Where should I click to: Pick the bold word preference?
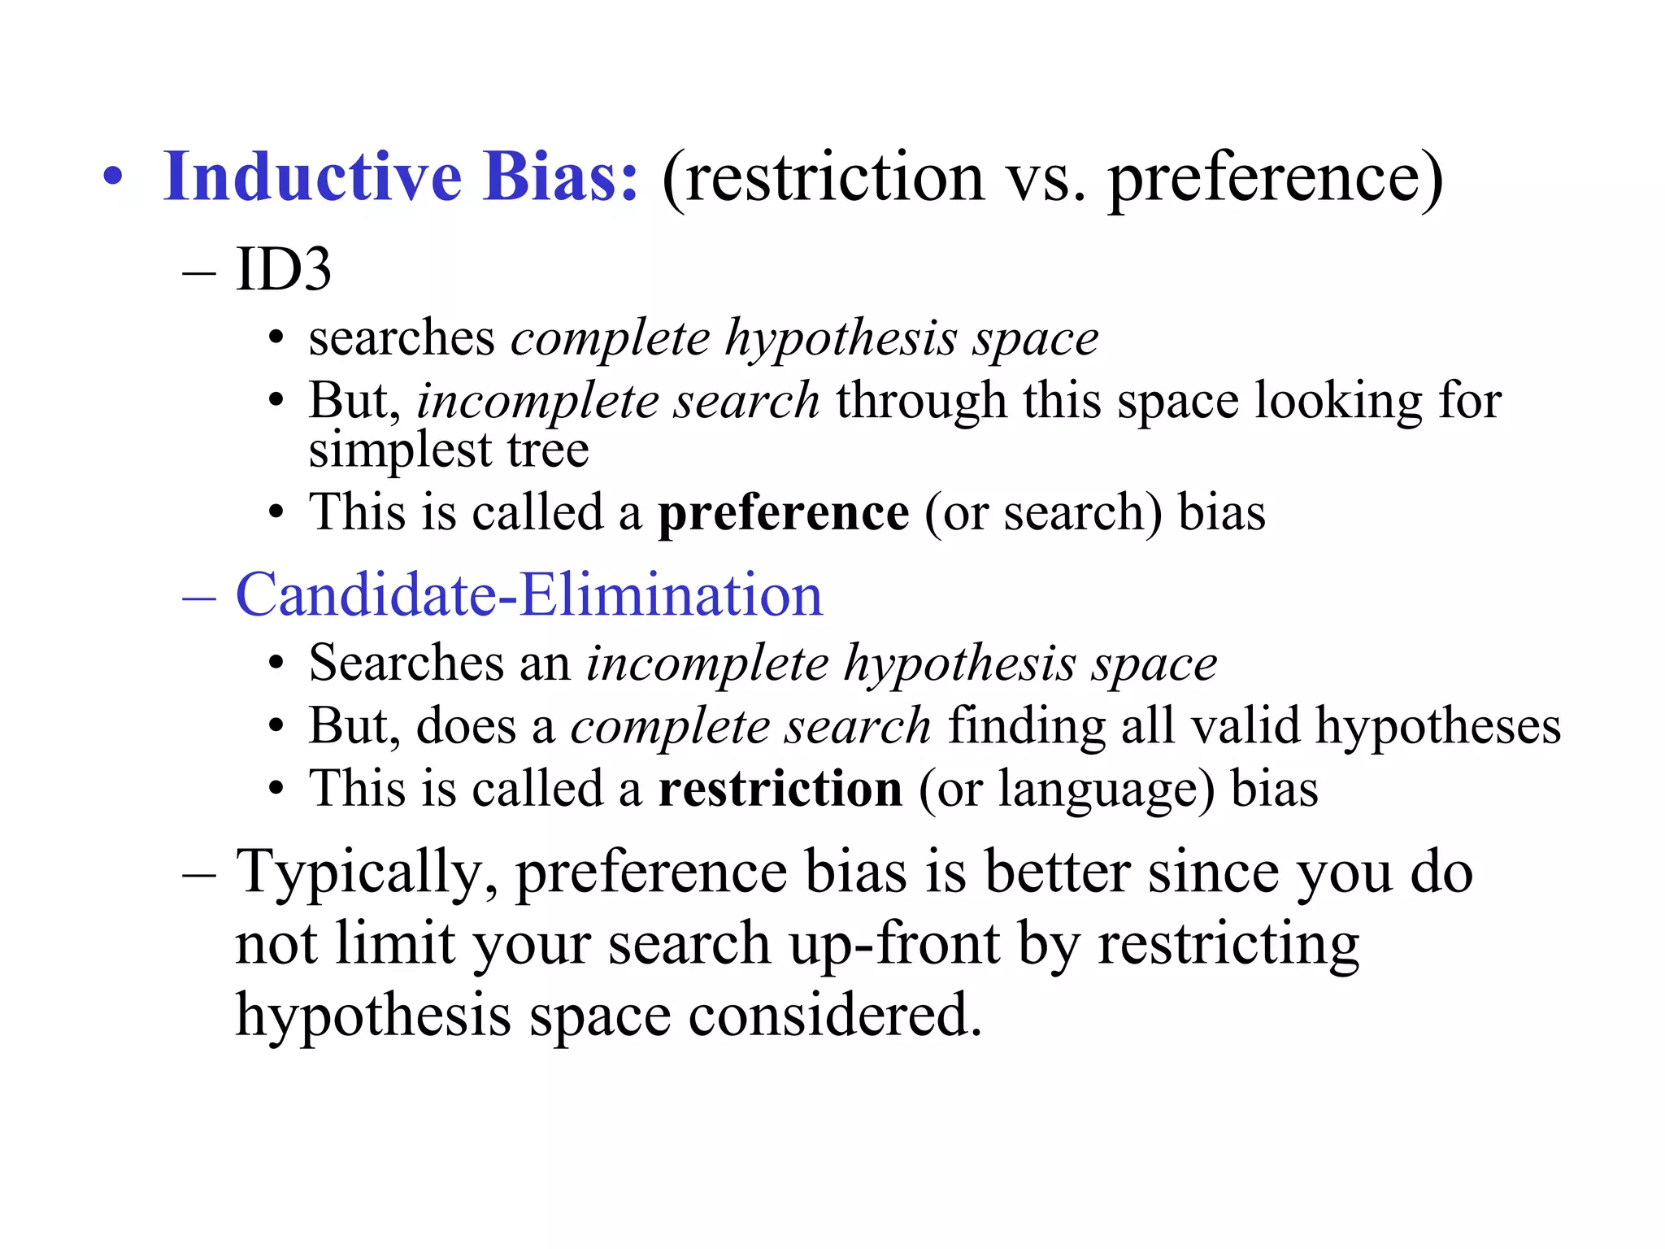pos(783,512)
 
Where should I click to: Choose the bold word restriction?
pos(780,789)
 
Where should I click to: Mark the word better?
pos(1057,872)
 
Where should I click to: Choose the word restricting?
pos(1228,946)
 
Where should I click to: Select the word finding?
pos(1026,726)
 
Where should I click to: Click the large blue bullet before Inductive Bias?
pos(113,178)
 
